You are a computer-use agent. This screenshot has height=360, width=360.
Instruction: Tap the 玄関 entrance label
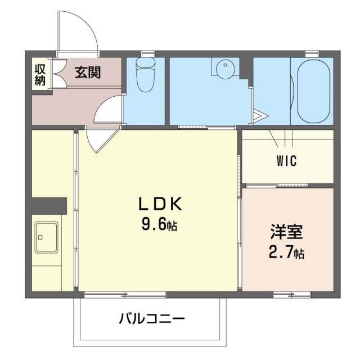[x=88, y=73]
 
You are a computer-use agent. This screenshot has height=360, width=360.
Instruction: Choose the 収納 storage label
[x=40, y=74]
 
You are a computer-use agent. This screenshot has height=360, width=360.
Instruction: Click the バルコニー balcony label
[x=151, y=319]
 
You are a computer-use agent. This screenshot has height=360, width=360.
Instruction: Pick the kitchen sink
[x=47, y=236]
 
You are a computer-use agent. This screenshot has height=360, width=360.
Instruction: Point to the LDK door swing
[x=101, y=138]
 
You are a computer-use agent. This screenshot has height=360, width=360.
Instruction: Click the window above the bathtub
[x=312, y=53]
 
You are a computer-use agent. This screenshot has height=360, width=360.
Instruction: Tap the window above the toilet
[x=148, y=53]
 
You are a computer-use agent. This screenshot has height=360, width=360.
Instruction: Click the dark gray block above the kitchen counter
[x=49, y=205]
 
